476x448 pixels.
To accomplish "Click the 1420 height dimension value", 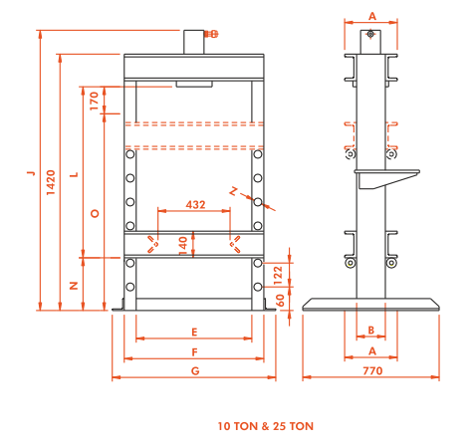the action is coord(51,182).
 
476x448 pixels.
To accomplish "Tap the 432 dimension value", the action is coord(195,204).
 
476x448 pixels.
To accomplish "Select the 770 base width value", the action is coord(372,370).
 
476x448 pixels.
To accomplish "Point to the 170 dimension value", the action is coord(95,102).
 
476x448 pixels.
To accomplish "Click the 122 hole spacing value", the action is coord(278,275).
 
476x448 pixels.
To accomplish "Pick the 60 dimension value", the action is coord(280,301).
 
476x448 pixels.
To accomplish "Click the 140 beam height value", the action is coord(183,246).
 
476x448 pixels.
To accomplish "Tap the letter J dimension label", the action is coord(31,173).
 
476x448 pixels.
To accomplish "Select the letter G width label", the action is coord(195,371).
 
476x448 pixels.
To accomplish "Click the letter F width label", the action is coord(194,352).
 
